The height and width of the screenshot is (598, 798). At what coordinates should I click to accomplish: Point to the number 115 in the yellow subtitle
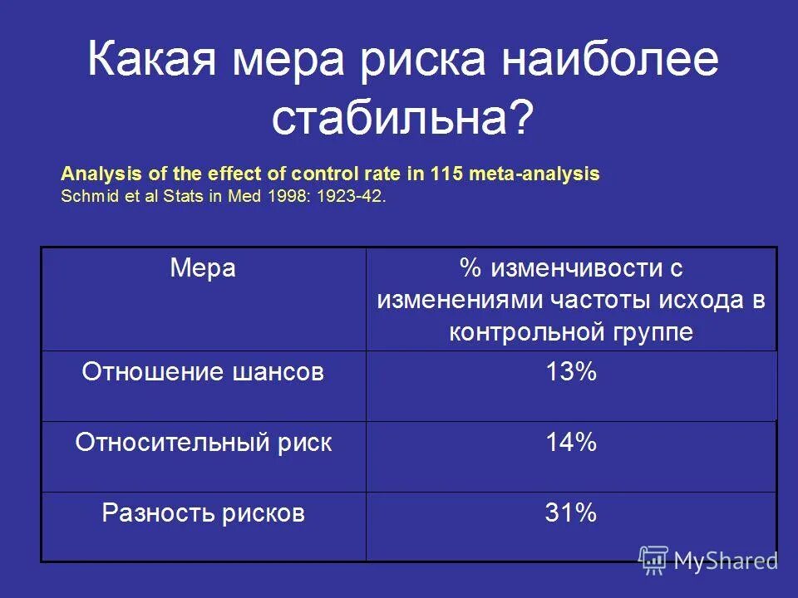447,174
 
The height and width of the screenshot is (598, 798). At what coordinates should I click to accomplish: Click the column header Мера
203,268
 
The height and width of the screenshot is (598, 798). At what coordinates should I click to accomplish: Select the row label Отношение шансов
203,372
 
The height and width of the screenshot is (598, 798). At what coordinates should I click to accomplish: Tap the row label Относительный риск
203,443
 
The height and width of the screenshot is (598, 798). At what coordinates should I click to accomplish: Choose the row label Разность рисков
203,513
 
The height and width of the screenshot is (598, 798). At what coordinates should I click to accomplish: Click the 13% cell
571,372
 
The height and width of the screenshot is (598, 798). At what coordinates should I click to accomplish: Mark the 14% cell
571,443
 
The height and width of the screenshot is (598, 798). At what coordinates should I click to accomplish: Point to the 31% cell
571,513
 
